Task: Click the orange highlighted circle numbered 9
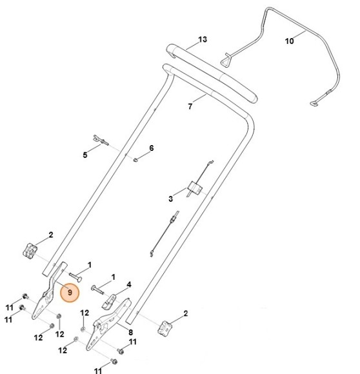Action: pyautogui.click(x=70, y=292)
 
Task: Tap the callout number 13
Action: pyautogui.click(x=203, y=39)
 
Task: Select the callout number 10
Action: pyautogui.click(x=290, y=41)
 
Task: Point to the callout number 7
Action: pyautogui.click(x=190, y=106)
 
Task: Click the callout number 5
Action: pyautogui.click(x=85, y=155)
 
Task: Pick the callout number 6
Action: pyautogui.click(x=152, y=148)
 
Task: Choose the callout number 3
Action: pyautogui.click(x=170, y=199)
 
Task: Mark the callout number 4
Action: pyautogui.click(x=129, y=284)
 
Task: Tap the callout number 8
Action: pyautogui.click(x=130, y=332)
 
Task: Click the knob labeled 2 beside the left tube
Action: pyautogui.click(x=30, y=250)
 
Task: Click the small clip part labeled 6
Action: pyautogui.click(x=135, y=159)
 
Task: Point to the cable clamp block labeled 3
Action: pyautogui.click(x=195, y=188)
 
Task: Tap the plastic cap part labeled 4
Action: pyautogui.click(x=109, y=301)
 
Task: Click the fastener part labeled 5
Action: pyautogui.click(x=101, y=140)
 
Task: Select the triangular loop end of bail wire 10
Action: pyautogui.click(x=226, y=60)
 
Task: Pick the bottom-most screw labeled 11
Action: pyautogui.click(x=114, y=361)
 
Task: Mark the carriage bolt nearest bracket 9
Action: pyautogui.click(x=75, y=277)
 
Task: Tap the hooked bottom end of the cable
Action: pyautogui.click(x=152, y=253)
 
